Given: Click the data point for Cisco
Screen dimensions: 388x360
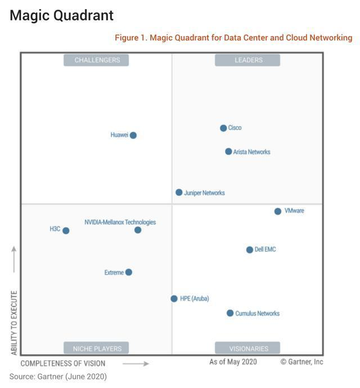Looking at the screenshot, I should pos(223,128).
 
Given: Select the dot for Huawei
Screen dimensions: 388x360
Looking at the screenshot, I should pos(133,135).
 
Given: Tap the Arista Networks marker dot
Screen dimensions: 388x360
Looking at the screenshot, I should pos(228,151).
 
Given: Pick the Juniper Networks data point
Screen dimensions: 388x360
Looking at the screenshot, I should pos(179,193).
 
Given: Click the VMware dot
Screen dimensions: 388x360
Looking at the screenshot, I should pos(278,211).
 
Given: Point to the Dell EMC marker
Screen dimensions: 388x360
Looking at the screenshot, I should pos(250,249).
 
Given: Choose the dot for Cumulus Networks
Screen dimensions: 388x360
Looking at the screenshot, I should pos(230,313).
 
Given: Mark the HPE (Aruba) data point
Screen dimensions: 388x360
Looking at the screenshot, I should pos(174,298).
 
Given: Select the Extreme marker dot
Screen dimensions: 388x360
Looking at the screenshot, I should pos(129,273).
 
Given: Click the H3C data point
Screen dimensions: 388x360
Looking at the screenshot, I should pos(66,230).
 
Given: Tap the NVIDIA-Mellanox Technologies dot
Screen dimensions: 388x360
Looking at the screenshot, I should pos(138,230).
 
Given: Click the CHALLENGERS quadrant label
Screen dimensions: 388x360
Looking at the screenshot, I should pos(96,60).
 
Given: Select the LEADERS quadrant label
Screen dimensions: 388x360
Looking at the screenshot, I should pos(247,60).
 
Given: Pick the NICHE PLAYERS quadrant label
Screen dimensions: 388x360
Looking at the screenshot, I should pos(96,348).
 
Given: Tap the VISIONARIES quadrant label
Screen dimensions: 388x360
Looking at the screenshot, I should pos(247,348).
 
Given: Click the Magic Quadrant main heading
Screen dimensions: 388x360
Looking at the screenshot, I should pos(61,15).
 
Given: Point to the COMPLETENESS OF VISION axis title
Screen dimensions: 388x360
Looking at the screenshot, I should pos(63,363).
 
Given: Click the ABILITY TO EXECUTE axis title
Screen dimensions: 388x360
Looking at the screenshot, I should pos(14,323).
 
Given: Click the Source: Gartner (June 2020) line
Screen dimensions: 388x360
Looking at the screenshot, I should pos(58,376).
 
